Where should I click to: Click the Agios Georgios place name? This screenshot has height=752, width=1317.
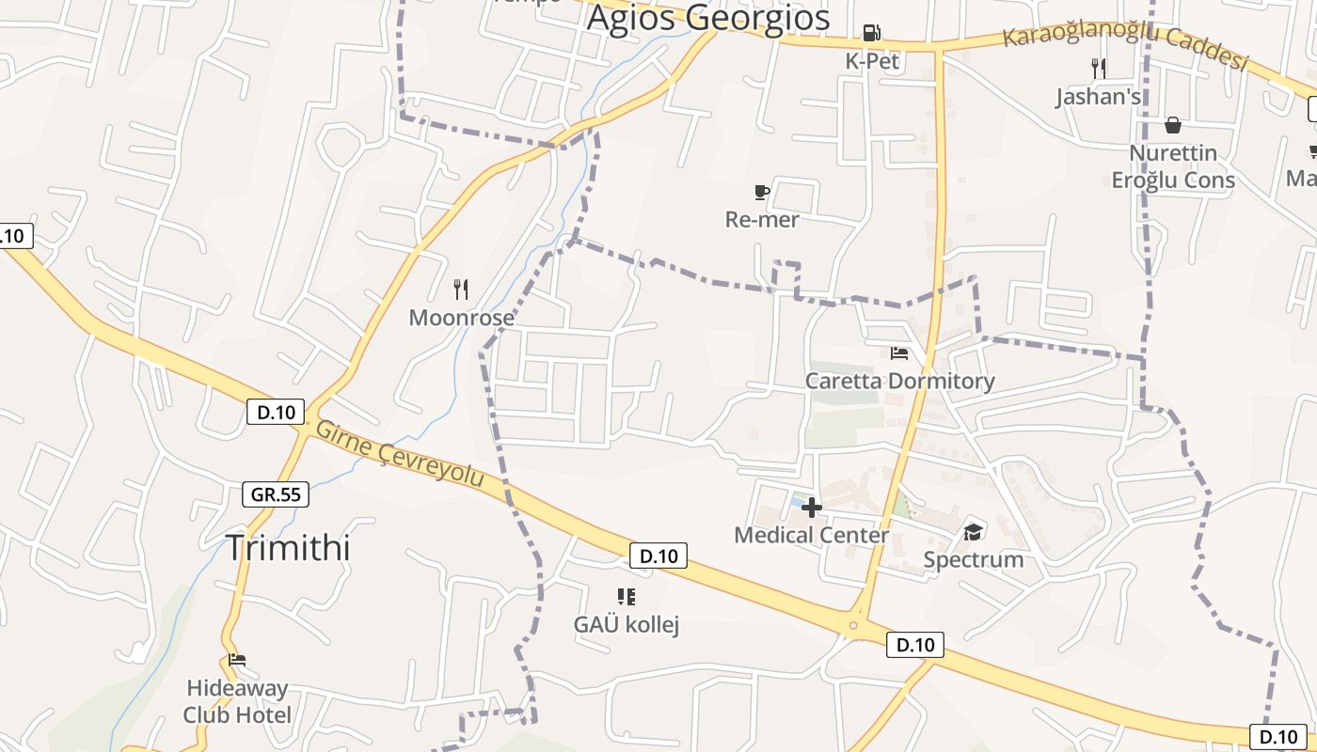click(708, 18)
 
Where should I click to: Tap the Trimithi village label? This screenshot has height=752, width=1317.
click(288, 547)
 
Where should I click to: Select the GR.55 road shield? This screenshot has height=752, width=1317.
click(276, 493)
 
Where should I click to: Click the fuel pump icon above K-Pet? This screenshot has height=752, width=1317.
click(872, 34)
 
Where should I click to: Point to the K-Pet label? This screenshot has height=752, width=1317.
click(872, 62)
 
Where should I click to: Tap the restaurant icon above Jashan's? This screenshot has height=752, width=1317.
click(1098, 68)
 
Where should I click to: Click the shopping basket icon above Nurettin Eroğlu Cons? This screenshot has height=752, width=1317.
click(1173, 125)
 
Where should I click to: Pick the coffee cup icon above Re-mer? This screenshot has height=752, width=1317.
click(762, 193)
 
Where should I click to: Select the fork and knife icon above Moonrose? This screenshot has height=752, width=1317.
click(461, 289)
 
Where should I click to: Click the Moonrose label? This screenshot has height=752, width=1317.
click(461, 318)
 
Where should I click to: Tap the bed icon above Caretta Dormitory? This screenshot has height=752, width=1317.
click(899, 353)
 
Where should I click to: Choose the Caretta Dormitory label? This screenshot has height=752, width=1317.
click(899, 381)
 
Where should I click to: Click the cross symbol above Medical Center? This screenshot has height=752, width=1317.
click(812, 508)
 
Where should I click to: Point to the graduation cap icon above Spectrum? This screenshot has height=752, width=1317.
click(973, 532)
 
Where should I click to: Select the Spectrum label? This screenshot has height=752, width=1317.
click(973, 560)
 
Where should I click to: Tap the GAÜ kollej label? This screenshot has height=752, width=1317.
click(627, 624)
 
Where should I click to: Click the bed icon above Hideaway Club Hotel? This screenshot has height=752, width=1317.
click(237, 660)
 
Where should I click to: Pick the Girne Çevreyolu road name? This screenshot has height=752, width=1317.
click(400, 454)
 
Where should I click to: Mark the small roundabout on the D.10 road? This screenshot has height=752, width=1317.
click(854, 624)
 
